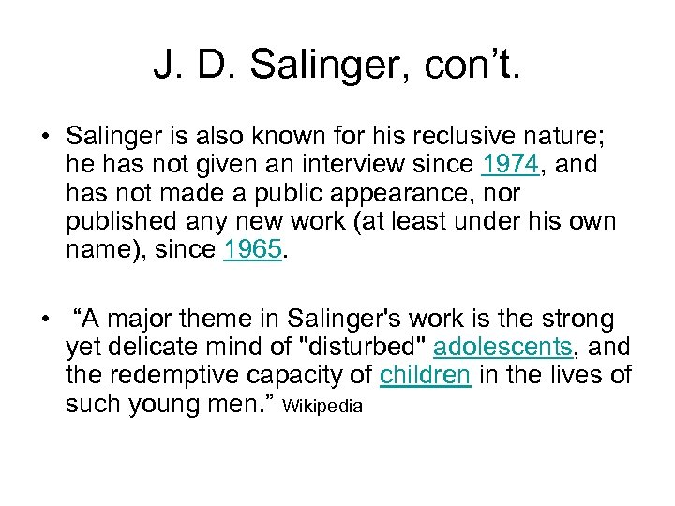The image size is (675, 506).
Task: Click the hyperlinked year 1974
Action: (508, 166)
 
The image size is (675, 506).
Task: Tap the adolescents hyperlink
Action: (502, 347)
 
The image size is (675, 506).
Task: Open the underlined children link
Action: (424, 375)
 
